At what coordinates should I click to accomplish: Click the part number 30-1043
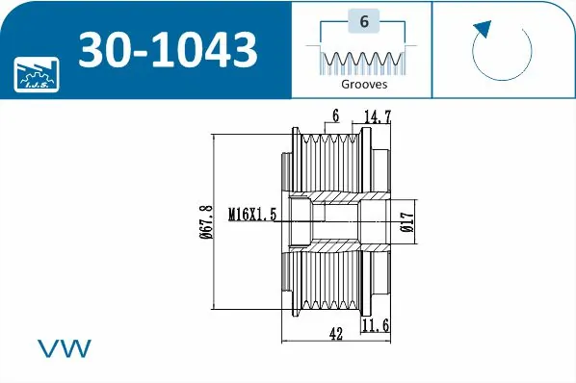[x=168, y=49]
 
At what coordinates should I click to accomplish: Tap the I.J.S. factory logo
[x=37, y=74]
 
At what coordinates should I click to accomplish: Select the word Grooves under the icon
[x=364, y=84]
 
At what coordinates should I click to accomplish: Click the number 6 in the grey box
[x=364, y=21]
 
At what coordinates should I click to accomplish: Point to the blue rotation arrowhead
[x=484, y=29]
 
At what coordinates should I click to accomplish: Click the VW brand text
[x=65, y=348]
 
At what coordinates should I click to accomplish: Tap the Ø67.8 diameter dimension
[x=206, y=222]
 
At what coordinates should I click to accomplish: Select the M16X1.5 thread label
[x=252, y=215]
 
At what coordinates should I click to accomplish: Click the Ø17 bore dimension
[x=407, y=222]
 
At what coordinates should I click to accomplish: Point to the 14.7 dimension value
[x=378, y=116]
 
